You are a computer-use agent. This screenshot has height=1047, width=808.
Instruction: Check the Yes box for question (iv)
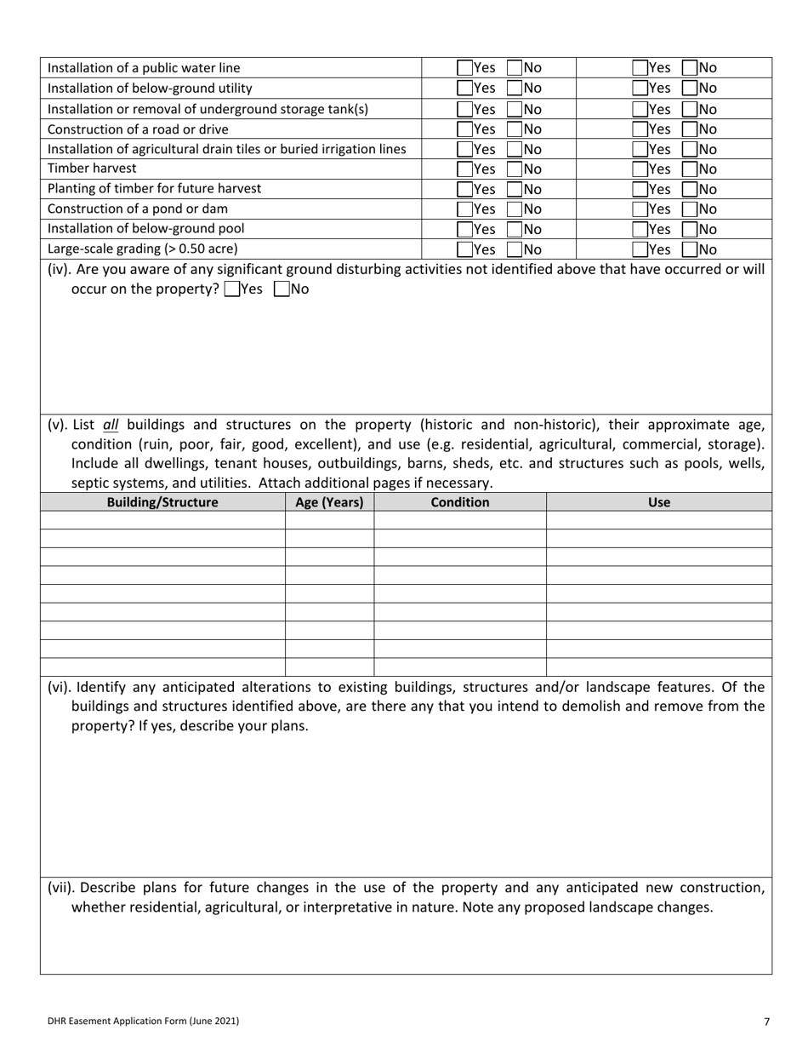(x=232, y=289)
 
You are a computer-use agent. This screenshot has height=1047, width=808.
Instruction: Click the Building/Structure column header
(x=162, y=502)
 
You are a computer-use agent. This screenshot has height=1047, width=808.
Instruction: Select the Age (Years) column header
(x=329, y=502)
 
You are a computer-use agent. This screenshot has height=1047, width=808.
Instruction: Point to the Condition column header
(x=460, y=502)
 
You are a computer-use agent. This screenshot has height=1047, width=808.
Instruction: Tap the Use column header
(x=659, y=502)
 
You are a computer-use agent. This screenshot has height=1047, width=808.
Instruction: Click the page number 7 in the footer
(x=766, y=1021)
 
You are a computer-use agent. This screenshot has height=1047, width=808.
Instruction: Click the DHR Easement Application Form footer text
(x=143, y=1021)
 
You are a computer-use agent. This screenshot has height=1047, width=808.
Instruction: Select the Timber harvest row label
(x=92, y=169)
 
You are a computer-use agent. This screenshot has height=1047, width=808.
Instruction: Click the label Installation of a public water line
(x=144, y=68)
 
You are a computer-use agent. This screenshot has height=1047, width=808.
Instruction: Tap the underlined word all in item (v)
(x=111, y=425)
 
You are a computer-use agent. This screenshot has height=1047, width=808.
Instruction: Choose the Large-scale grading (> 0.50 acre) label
(x=142, y=249)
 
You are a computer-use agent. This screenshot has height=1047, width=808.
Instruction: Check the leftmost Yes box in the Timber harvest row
(x=464, y=169)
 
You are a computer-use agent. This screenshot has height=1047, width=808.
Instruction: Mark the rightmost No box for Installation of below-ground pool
(x=690, y=229)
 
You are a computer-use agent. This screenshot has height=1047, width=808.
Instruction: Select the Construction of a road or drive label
(x=138, y=129)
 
